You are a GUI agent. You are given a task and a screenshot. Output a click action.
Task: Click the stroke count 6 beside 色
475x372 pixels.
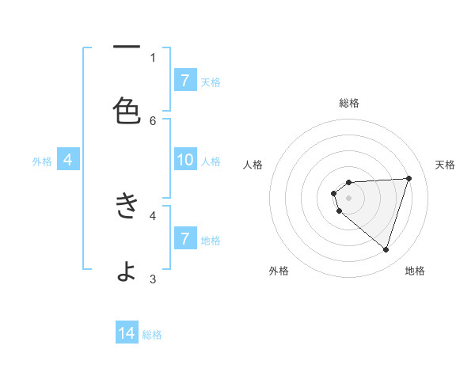153,120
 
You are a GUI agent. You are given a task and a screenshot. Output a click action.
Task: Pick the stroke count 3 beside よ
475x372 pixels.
153,279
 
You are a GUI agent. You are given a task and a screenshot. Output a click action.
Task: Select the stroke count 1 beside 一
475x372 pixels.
153,57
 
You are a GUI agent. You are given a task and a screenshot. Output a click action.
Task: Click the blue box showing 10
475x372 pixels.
185,160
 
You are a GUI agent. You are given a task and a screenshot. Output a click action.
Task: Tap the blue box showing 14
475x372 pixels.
127,333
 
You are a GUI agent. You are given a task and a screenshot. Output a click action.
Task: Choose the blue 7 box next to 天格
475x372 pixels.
185,80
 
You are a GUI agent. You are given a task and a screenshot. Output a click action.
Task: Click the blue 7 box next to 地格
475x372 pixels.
185,238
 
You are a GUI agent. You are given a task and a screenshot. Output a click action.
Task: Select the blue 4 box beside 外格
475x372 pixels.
68,160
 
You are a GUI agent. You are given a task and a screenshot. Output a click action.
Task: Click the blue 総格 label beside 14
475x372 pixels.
152,335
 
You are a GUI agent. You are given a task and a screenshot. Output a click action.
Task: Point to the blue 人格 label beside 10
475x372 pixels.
211,161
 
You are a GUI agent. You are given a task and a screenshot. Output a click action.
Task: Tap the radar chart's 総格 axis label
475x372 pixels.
349,103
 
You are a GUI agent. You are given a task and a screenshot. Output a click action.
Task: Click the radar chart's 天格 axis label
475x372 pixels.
445,165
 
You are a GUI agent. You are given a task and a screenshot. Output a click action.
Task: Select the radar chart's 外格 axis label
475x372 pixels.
279,271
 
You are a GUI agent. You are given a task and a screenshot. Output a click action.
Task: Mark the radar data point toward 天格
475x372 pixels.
408,178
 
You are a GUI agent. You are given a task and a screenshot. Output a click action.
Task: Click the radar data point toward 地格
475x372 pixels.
386,249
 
